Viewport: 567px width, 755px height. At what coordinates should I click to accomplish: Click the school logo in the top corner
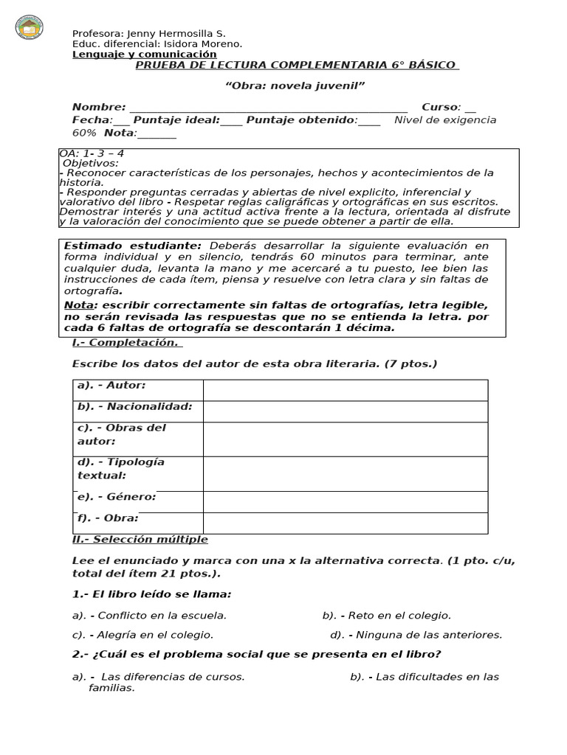[30, 28]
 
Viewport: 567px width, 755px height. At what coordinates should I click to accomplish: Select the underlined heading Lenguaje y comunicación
[145, 54]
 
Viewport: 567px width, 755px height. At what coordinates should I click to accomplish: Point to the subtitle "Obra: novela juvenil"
[295, 86]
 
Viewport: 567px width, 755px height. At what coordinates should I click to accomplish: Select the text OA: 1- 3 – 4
[92, 153]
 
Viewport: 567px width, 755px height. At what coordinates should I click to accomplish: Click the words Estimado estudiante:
[132, 246]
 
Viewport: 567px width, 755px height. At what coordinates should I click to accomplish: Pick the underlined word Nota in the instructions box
[79, 305]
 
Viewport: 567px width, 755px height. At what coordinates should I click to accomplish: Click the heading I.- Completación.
[126, 343]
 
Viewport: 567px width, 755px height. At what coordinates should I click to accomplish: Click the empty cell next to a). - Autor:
[345, 390]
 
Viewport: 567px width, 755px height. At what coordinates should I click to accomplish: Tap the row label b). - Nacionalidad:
[134, 406]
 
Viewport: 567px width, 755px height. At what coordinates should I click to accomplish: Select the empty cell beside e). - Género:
[345, 501]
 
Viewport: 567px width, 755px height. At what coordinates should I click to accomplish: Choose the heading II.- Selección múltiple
[140, 540]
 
